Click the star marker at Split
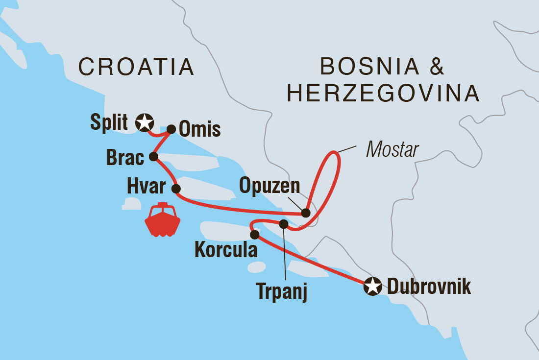point(144,122)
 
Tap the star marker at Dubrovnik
point(372,286)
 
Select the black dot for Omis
point(171,129)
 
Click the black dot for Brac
point(153,157)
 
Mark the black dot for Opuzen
point(306,213)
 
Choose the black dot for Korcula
point(254,235)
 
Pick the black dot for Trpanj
point(283,224)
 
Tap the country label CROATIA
point(136,67)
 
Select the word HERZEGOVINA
point(383,94)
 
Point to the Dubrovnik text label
point(429,287)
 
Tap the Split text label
point(109,122)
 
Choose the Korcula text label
point(226,250)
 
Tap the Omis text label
point(200,130)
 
